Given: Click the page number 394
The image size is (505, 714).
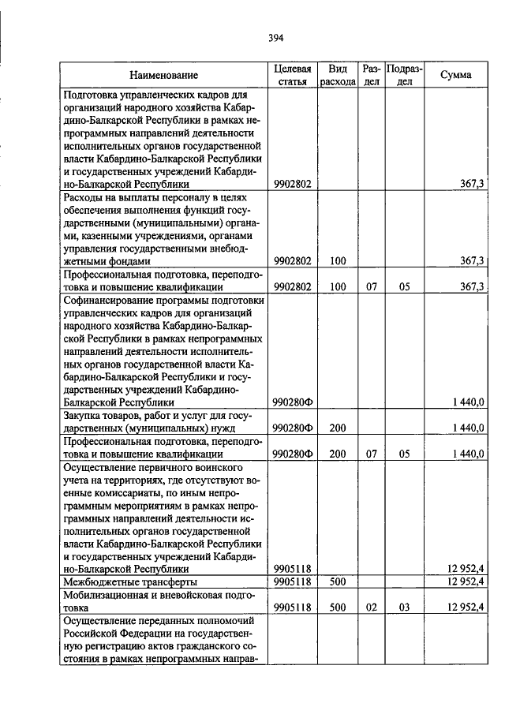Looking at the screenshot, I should point(275,37).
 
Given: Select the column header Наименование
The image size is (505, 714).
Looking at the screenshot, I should point(164,76).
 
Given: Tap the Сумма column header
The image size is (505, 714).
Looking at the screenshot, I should point(456,76).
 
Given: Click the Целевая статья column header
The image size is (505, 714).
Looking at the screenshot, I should point(293,76).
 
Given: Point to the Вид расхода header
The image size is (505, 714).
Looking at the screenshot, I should point(338,76).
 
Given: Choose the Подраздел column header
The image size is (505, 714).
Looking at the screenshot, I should point(404,76).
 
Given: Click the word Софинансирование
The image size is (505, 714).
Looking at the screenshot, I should point(106,299).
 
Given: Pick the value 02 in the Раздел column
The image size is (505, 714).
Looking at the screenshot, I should point(371,609).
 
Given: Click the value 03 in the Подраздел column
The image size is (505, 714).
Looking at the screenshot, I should point(404,609).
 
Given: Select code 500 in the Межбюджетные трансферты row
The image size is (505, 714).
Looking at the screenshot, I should point(338,582).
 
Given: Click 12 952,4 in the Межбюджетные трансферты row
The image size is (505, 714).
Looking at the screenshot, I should point(465,582).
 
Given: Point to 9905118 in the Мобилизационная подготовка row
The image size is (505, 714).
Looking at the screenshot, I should point(293,609).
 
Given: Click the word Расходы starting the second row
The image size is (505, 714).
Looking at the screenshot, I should point(84,196).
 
